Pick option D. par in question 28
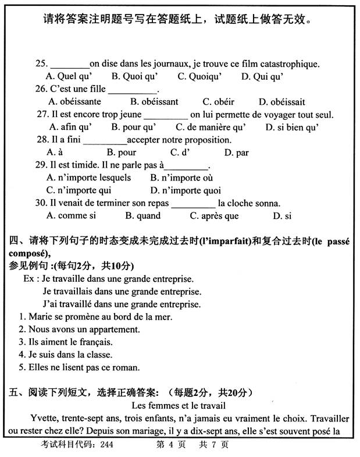coord(236,153)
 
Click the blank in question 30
coord(193,204)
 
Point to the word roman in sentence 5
coord(127,367)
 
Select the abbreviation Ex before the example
coord(28,279)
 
